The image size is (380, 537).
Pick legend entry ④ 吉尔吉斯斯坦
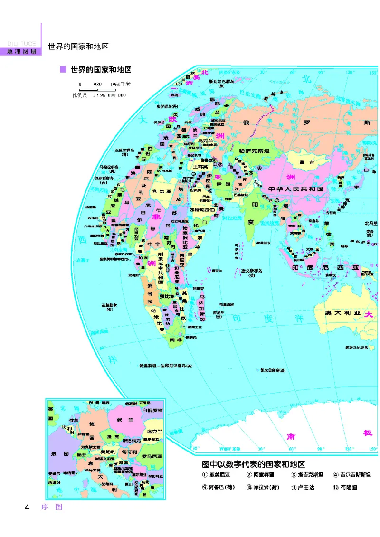tap(352, 475)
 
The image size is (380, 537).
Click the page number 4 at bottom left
tap(28, 507)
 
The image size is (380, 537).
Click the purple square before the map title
tap(62, 70)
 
